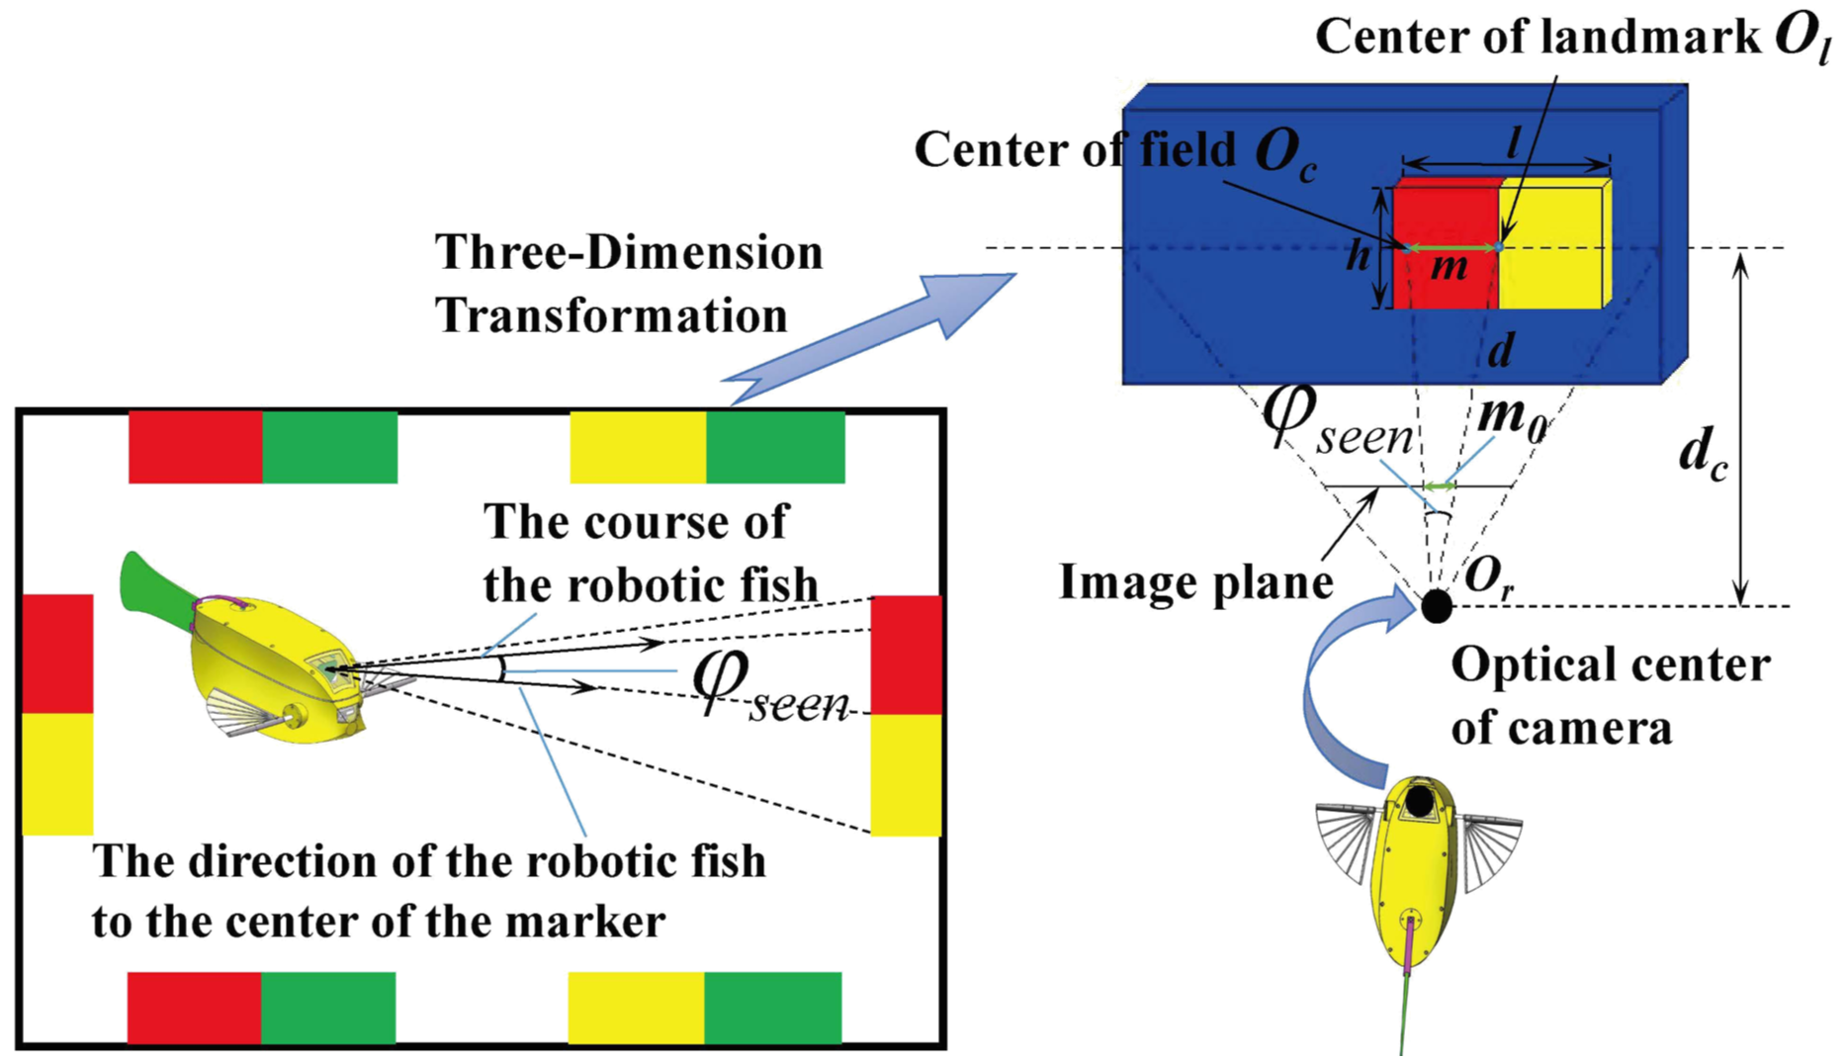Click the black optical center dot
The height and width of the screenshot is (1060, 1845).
[x=1436, y=605]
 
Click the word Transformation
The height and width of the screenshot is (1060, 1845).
[x=611, y=316]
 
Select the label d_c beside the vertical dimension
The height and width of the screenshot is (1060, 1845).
[x=1702, y=457]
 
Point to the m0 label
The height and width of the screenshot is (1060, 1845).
[x=1510, y=416]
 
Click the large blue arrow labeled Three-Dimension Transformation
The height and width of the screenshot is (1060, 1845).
[x=870, y=336]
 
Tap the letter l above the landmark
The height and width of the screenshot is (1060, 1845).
[x=1513, y=144]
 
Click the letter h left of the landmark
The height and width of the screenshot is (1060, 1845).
[x=1359, y=256]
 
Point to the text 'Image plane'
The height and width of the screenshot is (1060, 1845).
[x=1195, y=581]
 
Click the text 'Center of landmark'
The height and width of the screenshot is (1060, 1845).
[x=1537, y=38]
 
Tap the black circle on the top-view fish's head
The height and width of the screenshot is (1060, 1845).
[x=1420, y=801]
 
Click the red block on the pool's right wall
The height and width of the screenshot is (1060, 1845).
[x=906, y=655]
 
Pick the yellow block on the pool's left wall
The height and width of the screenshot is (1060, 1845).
[x=57, y=773]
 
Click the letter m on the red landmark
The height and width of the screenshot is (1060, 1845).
[x=1450, y=267]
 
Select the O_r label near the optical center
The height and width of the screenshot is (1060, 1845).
[x=1489, y=575]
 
